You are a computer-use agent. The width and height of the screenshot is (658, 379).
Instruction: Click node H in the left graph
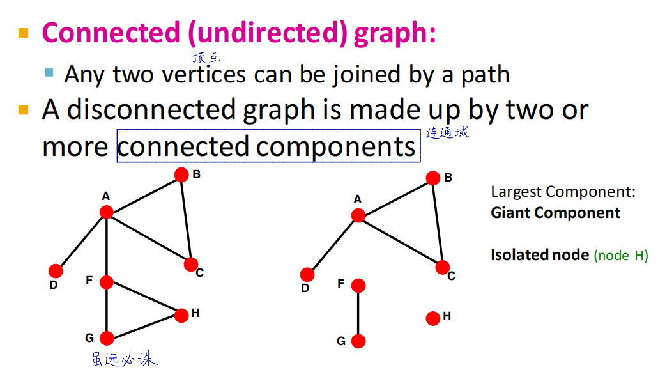pyautogui.click(x=181, y=315)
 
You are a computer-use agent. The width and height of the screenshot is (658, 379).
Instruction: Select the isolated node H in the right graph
pyautogui.click(x=432, y=318)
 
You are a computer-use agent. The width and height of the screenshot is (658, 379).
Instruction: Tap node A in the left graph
pyautogui.click(x=107, y=212)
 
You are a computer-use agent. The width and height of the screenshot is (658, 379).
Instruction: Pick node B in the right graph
pyautogui.click(x=433, y=178)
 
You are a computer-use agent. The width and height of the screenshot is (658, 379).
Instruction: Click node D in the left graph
pyautogui.click(x=56, y=271)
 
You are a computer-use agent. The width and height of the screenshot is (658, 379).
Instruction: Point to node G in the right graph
pyautogui.click(x=358, y=341)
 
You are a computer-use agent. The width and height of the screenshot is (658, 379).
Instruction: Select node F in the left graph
pyautogui.click(x=107, y=282)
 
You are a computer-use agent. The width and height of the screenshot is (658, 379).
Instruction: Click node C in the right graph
pyautogui.click(x=442, y=267)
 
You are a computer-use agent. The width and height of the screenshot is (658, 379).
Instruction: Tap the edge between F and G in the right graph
pyautogui.click(x=358, y=313)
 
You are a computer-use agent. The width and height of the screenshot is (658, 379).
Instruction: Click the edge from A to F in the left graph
pyautogui.click(x=107, y=247)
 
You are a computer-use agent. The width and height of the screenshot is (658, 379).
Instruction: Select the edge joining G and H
pyautogui.click(x=144, y=327)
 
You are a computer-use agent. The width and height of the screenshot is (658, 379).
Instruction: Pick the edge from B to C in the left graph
pyautogui.click(x=186, y=219)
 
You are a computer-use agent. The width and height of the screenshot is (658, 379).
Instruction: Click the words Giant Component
pyautogui.click(x=555, y=213)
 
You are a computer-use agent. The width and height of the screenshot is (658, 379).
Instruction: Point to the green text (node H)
pyautogui.click(x=620, y=256)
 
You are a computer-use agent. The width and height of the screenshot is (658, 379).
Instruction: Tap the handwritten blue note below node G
pyautogui.click(x=124, y=360)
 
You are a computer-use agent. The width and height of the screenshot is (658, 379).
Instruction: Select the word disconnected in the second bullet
pyautogui.click(x=151, y=111)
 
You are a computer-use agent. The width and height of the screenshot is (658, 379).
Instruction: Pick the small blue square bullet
pyautogui.click(x=49, y=72)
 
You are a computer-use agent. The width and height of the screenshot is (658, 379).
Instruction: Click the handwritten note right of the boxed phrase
pyautogui.click(x=447, y=133)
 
